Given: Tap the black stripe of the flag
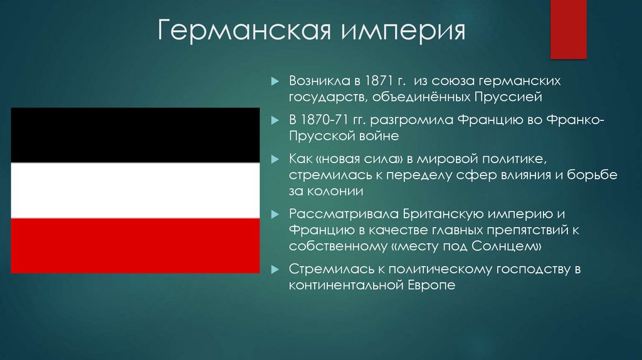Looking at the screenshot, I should coord(135,135).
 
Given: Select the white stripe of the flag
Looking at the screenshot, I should coord(135,190).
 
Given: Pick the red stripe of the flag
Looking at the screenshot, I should coord(135,245).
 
